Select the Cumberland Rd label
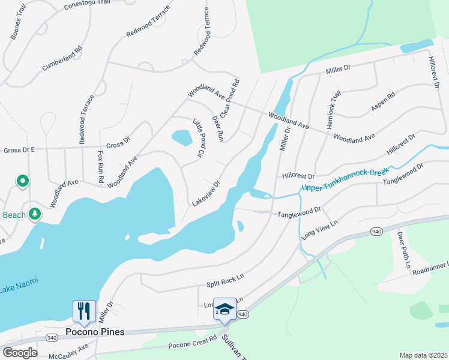[x=61, y=57]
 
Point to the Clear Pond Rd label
[x=230, y=98]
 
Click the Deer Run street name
[x=218, y=127]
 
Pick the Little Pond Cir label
[x=199, y=138]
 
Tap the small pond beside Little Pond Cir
[x=182, y=138]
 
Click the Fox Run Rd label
[x=101, y=167]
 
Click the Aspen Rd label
[x=383, y=101]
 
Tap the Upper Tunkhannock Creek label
[x=345, y=180]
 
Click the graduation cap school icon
[x=224, y=308]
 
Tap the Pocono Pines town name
[x=95, y=332]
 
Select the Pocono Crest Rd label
[x=192, y=342]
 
